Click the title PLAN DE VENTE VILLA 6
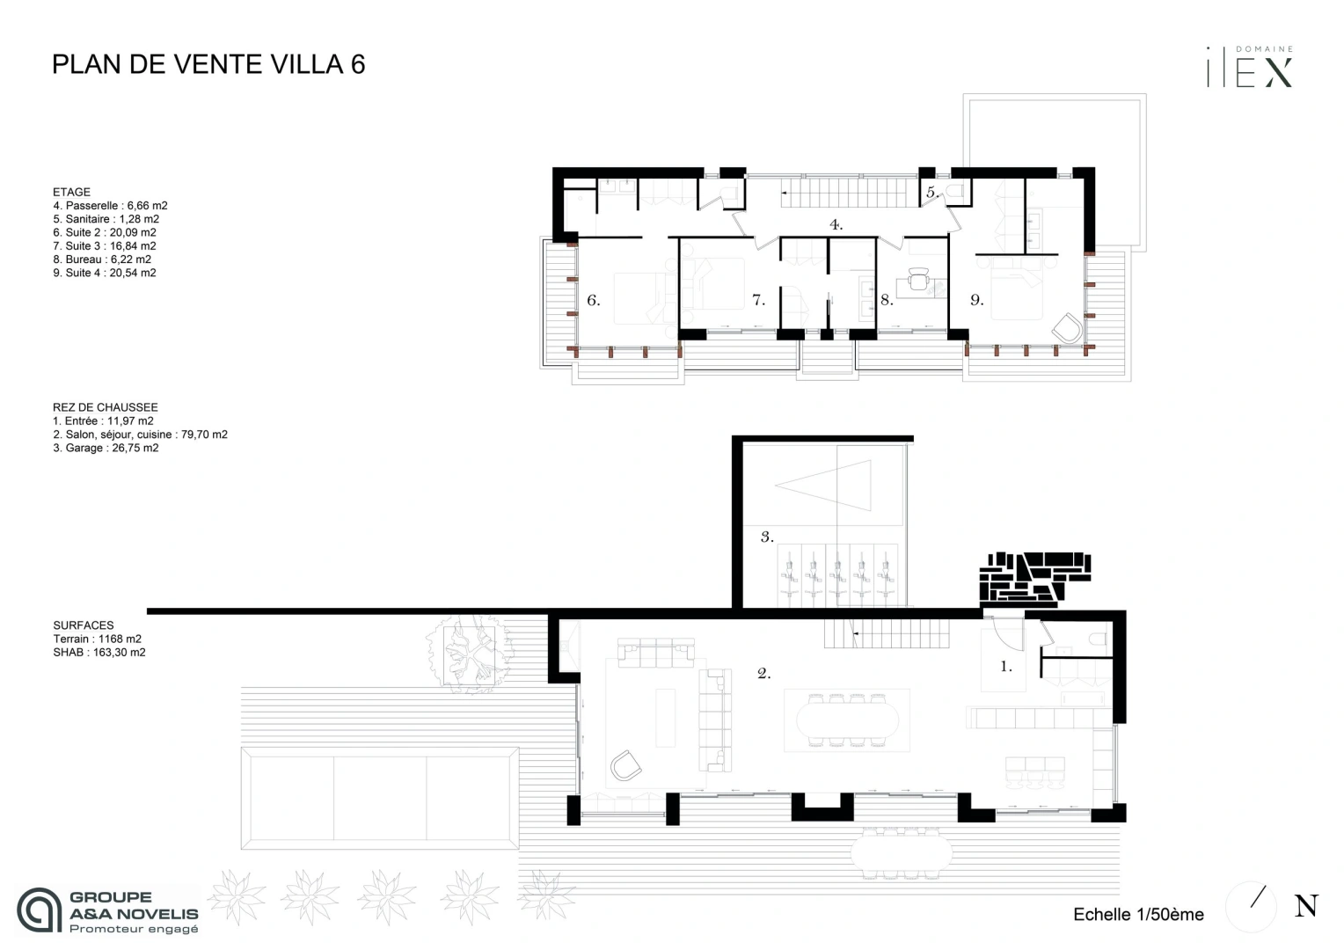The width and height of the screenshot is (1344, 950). pos(208,64)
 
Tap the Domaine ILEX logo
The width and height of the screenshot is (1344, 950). pos(1250,68)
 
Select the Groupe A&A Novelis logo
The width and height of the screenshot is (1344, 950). pos(108,910)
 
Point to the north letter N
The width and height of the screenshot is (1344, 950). pos(1306,906)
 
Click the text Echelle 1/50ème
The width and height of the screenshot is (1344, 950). pos(1138,915)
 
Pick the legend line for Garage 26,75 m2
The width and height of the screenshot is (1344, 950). pos(106,448)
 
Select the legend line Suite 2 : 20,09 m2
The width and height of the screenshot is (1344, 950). pos(105,232)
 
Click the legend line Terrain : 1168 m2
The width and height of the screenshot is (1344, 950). pos(97,639)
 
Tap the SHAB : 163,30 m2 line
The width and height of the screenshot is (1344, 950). pos(99,653)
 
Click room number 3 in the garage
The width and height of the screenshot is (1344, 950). pos(767,537)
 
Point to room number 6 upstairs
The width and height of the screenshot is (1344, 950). pos(593,301)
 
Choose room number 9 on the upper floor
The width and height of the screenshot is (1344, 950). pos(976,301)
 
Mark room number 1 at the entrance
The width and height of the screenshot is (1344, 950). pos(1006,667)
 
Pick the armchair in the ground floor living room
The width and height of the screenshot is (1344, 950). pos(626,766)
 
